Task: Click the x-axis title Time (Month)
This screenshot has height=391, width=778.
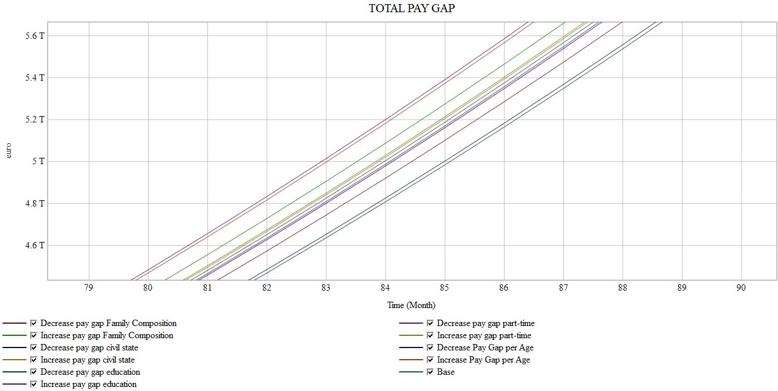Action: tap(411, 305)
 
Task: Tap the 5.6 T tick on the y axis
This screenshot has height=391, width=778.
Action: tap(34, 36)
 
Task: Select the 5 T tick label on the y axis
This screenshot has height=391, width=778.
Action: tap(38, 161)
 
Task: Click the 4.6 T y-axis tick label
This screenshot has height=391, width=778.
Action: tap(34, 245)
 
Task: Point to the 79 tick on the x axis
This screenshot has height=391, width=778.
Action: tap(88, 287)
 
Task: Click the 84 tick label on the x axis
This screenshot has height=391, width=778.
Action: tap(385, 287)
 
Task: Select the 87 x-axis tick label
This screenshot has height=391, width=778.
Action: tap(563, 287)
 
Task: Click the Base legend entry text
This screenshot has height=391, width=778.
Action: tap(446, 372)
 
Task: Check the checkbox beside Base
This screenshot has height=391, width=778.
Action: tap(430, 372)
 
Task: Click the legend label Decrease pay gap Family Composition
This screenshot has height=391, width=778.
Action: tap(109, 323)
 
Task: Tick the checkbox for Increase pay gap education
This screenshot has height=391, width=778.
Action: tap(34, 384)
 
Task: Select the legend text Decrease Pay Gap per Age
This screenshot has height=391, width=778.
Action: tap(485, 347)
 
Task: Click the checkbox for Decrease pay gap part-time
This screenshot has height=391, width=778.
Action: tap(430, 323)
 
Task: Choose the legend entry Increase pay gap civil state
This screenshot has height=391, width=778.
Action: tap(88, 360)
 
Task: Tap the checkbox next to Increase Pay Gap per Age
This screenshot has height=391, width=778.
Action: tap(430, 360)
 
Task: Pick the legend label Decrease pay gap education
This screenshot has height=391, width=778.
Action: tap(90, 372)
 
